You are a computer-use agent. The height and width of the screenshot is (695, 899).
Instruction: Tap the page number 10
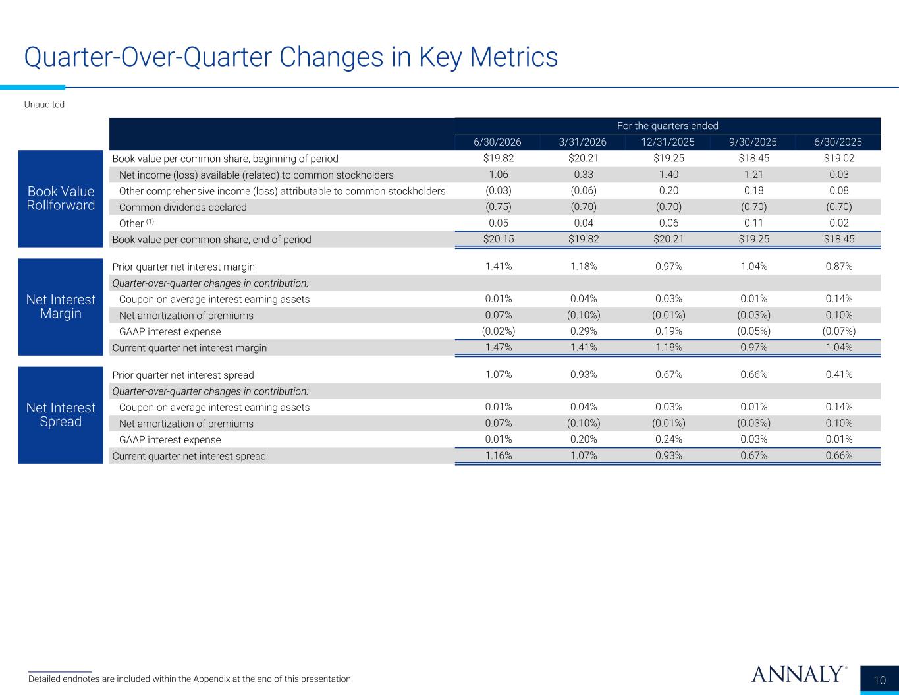tap(879, 681)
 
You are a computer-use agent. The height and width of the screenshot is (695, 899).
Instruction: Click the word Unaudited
tap(44, 105)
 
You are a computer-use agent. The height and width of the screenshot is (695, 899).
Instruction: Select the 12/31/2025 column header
tap(668, 142)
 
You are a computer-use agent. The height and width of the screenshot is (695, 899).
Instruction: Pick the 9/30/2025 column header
tap(753, 142)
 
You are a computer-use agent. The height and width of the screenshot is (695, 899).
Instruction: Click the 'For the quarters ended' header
tap(668, 126)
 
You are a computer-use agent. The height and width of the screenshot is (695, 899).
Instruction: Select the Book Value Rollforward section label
tap(61, 198)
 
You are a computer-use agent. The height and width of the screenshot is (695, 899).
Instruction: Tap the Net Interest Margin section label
tap(61, 306)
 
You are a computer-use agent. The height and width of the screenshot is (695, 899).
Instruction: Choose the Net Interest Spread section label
tap(61, 414)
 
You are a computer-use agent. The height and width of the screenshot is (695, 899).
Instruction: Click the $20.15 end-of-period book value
tap(499, 239)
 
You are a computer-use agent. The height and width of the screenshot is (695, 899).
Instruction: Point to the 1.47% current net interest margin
tap(499, 347)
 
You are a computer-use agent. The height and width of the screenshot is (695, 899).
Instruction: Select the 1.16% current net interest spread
tap(499, 455)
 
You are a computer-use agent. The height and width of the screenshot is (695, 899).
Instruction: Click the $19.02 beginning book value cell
tap(838, 158)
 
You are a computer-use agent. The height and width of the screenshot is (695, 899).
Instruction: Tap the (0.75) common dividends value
tap(499, 206)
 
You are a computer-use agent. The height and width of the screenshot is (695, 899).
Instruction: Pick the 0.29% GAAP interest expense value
tap(584, 331)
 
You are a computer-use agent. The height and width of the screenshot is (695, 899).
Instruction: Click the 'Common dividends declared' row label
tap(183, 208)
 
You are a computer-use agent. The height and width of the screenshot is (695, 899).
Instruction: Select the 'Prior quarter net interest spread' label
tap(183, 375)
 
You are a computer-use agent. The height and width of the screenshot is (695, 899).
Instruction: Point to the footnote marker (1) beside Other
tap(150, 221)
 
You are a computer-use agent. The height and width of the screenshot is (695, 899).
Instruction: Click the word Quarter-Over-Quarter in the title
tap(148, 57)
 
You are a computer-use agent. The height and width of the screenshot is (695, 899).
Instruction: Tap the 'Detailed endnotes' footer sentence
tap(190, 679)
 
